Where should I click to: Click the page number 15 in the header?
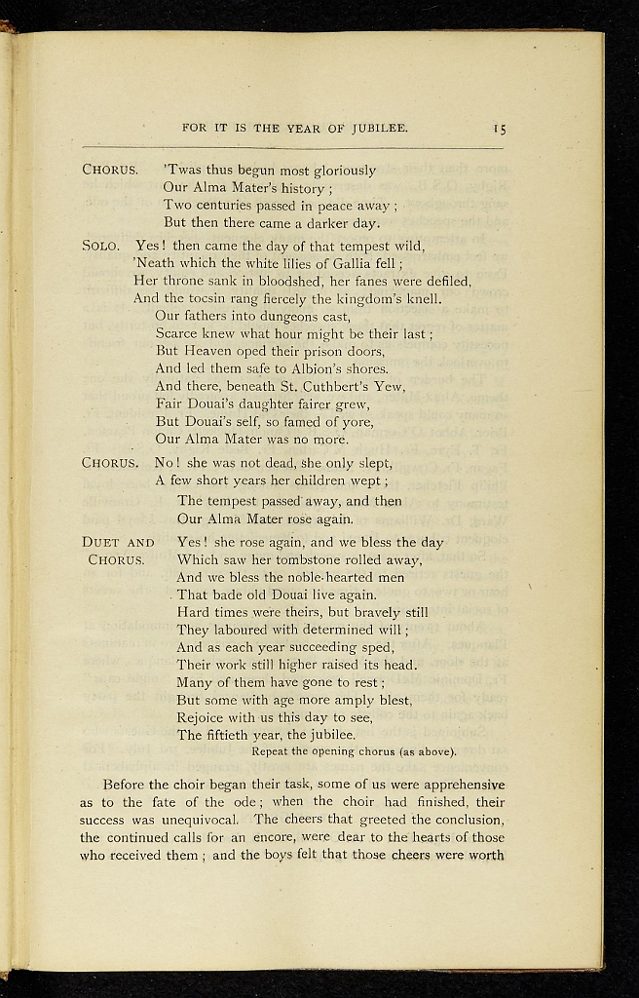pyautogui.click(x=499, y=128)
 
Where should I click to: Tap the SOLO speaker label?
pyautogui.click(x=101, y=247)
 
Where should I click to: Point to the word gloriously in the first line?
pyautogui.click(x=343, y=171)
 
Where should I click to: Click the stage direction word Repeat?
pyautogui.click(x=271, y=751)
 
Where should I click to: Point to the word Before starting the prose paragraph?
pyautogui.click(x=127, y=785)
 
